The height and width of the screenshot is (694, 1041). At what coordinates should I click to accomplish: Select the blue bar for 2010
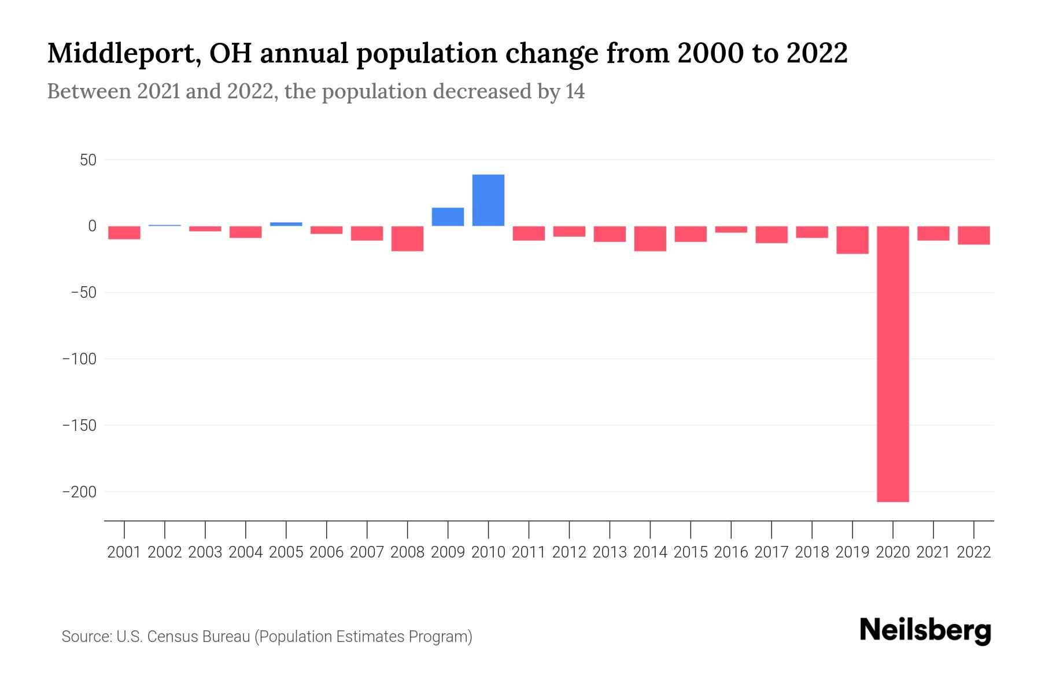[488, 200]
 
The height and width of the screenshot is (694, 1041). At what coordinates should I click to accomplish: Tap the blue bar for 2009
[448, 217]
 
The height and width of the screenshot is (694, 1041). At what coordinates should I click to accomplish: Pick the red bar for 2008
[407, 238]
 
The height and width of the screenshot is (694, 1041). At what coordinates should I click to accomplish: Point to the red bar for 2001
[124, 232]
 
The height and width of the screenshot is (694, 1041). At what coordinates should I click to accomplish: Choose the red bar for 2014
[650, 238]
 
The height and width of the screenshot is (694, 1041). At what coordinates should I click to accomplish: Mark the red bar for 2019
[852, 239]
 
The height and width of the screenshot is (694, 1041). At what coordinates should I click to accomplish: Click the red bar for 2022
[973, 235]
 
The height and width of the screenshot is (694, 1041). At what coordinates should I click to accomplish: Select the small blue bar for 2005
[286, 224]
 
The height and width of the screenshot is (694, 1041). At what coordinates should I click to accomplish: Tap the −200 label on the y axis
[79, 492]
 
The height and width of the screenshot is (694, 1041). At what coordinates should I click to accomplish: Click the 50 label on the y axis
[88, 160]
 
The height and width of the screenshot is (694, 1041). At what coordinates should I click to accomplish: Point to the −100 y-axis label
[79, 359]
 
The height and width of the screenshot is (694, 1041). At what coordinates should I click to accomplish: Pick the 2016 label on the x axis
[731, 552]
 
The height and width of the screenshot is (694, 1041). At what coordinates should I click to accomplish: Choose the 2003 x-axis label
[205, 552]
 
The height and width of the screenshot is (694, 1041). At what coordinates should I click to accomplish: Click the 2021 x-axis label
[933, 552]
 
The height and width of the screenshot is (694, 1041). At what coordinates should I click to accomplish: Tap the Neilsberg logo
[925, 631]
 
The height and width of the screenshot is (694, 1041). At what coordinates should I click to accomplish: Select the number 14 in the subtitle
[575, 92]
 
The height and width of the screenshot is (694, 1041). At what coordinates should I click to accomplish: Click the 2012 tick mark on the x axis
[569, 529]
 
